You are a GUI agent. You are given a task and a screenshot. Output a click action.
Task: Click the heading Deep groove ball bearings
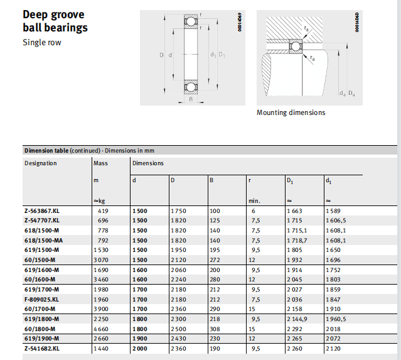pos(55,21)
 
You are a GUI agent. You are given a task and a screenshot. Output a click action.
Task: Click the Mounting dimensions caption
pos(291,112)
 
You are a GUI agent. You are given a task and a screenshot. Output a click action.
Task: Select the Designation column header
pos(40,163)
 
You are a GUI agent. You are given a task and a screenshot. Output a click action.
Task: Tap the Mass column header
pos(100,163)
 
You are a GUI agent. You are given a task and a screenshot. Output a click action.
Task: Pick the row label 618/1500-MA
pos(43,240)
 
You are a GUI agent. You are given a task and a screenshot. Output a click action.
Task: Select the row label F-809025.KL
pos(42,298)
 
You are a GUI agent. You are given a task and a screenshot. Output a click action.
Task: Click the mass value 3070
pos(102,259)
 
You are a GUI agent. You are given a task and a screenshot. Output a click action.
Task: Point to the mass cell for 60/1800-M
pos(102,328)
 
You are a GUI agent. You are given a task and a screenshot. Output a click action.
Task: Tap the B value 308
pos(215,328)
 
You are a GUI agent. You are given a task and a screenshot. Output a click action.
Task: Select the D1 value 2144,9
pos(297,318)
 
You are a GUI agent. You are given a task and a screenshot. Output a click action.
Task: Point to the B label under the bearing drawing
pos(190,99)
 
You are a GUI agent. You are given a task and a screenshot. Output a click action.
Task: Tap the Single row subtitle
pos(42,43)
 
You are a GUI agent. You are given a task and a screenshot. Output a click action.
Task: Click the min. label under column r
pos(254,201)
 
